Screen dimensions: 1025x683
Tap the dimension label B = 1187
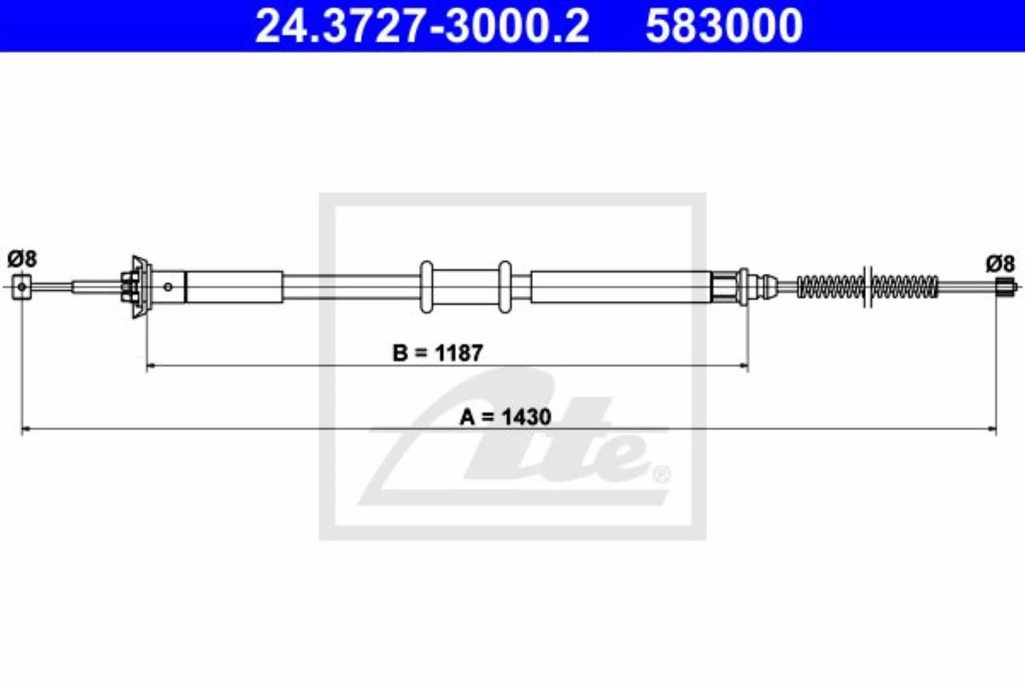tap(438, 353)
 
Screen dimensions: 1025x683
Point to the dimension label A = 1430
tap(505, 417)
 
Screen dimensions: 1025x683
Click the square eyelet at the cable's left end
tap(22, 287)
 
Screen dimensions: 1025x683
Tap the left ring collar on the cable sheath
tap(426, 286)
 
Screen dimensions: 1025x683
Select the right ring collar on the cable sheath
tap(504, 286)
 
